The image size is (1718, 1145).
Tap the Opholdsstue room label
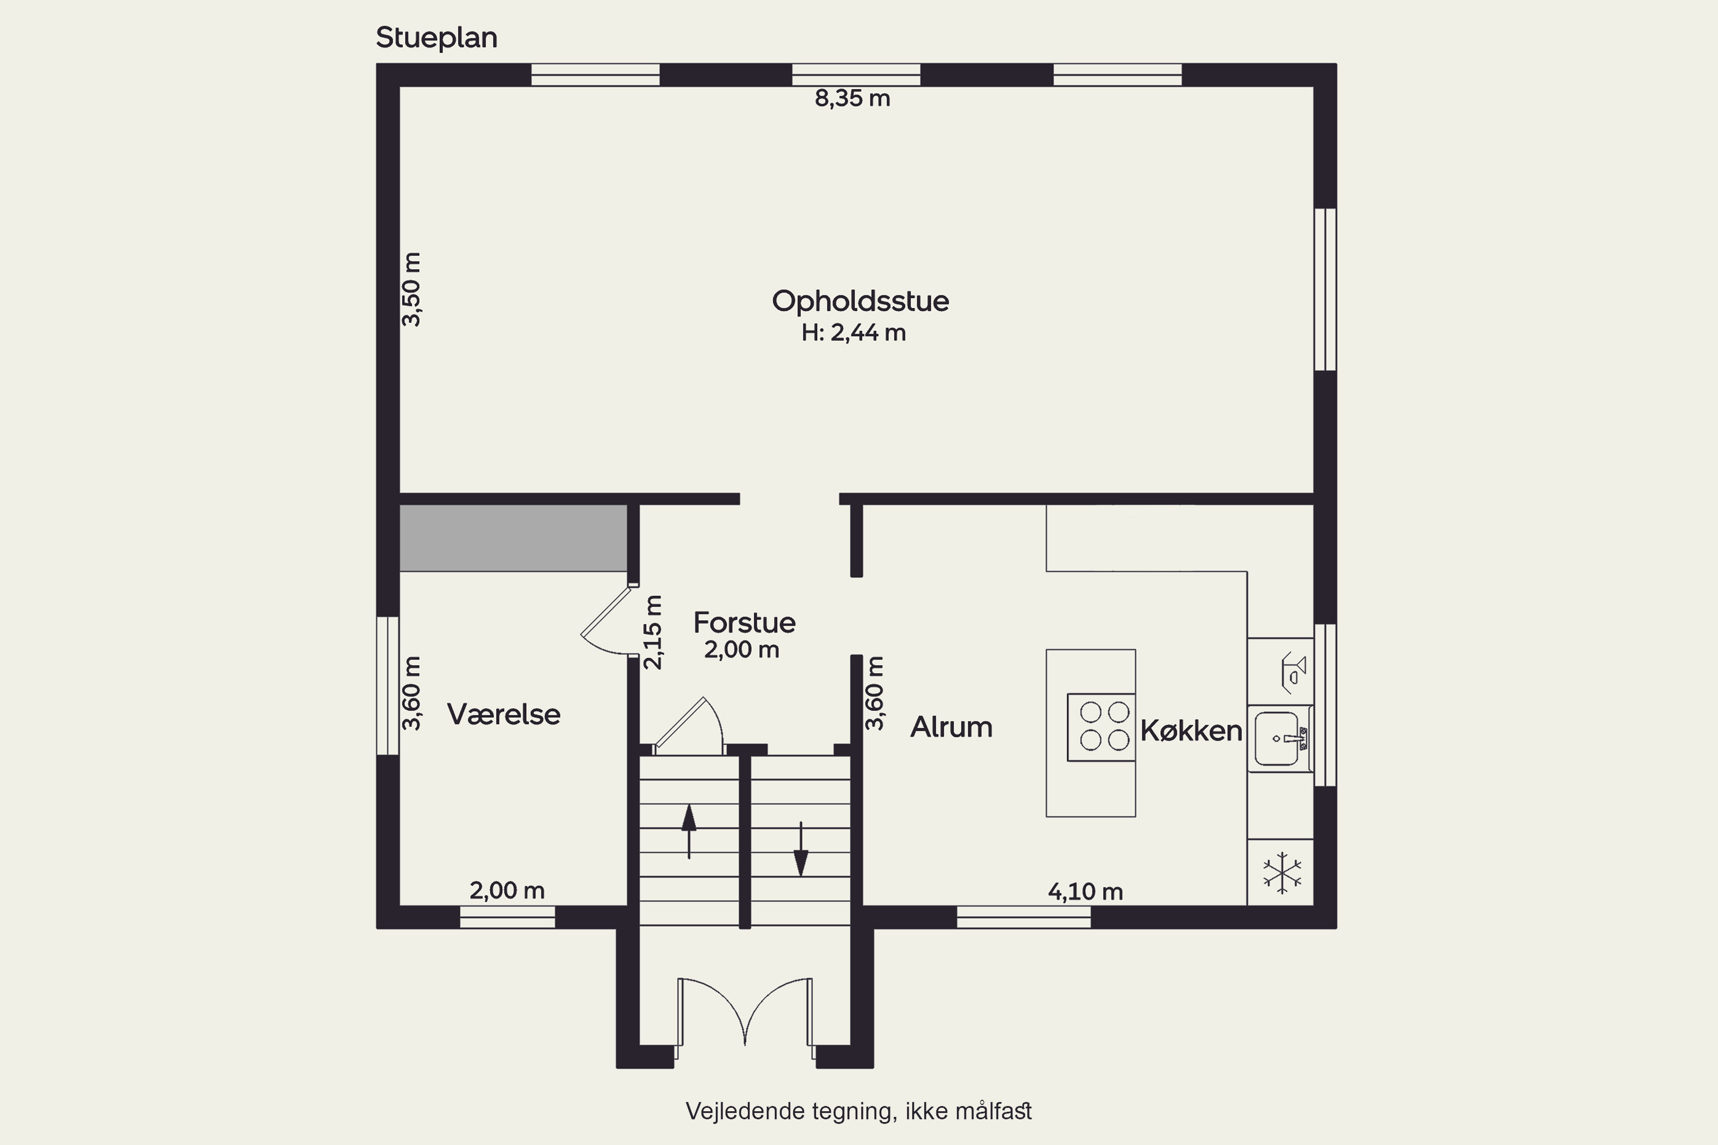point(861,302)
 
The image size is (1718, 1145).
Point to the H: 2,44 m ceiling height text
point(853,333)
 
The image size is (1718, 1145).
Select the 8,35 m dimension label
point(853,98)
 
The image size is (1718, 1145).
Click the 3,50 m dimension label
point(412,289)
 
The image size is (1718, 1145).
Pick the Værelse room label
point(503,714)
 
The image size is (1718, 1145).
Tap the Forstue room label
point(744,623)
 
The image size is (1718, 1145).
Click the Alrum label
point(951,727)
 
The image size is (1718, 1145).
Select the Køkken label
point(1191,731)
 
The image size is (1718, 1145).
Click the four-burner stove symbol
point(1101,727)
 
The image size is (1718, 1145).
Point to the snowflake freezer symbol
point(1282,872)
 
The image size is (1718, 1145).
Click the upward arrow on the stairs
point(689,831)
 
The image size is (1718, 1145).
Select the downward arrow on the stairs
point(801,848)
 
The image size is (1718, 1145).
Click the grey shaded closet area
point(514,538)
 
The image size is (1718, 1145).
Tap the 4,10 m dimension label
point(1085,891)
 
